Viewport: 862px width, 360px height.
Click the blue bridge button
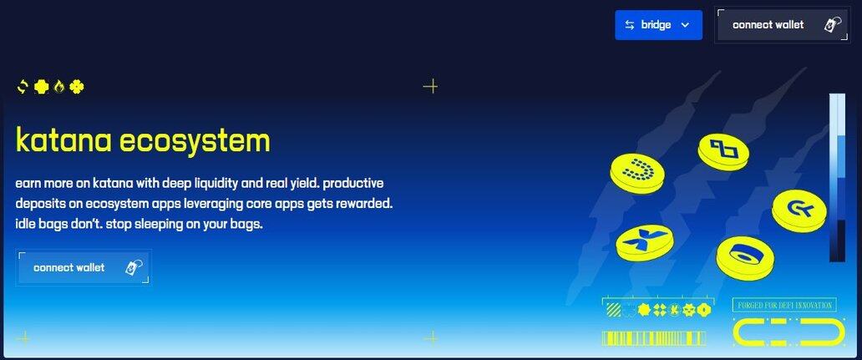coord(658,25)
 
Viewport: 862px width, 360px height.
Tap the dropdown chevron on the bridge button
coord(685,25)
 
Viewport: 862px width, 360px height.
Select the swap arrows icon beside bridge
coord(630,25)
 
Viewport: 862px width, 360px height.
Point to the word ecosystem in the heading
coord(195,141)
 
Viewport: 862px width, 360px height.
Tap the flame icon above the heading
coord(58,86)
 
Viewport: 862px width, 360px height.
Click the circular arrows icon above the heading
coord(23,86)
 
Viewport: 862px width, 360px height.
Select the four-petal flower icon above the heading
coord(77,86)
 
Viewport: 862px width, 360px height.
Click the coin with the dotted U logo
coord(637,173)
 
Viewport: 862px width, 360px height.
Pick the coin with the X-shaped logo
coord(644,242)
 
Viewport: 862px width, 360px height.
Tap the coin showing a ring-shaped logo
coord(745,258)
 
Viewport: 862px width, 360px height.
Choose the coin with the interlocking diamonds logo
coord(723,150)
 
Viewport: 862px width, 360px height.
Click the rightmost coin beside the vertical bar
coord(799,210)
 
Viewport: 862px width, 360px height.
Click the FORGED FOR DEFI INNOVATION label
coord(784,305)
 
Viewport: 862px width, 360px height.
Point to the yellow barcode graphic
coord(654,338)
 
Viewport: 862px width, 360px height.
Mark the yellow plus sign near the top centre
coord(430,86)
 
